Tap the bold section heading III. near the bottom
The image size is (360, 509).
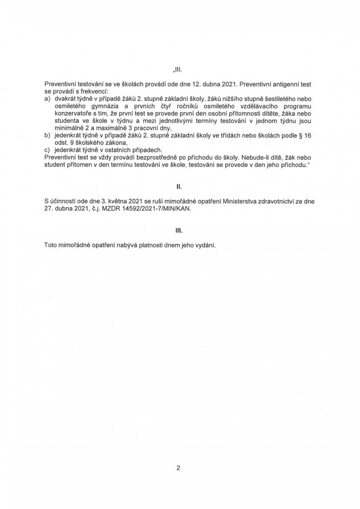point(180,231)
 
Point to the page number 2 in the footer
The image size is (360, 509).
point(178,467)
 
